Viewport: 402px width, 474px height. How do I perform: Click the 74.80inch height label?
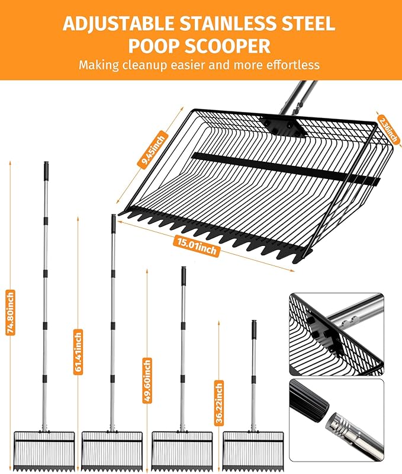tap(11, 313)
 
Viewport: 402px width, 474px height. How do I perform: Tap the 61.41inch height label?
tap(78, 352)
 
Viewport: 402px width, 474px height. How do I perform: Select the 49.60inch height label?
tap(147, 380)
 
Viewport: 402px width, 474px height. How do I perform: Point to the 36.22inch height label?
tap(219, 403)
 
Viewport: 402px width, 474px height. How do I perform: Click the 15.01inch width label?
tap(197, 246)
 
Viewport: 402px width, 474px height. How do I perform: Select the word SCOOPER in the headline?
tap(227, 46)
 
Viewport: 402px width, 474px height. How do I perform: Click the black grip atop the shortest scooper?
tap(255, 329)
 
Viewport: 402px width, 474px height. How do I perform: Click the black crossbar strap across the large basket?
tap(285, 169)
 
